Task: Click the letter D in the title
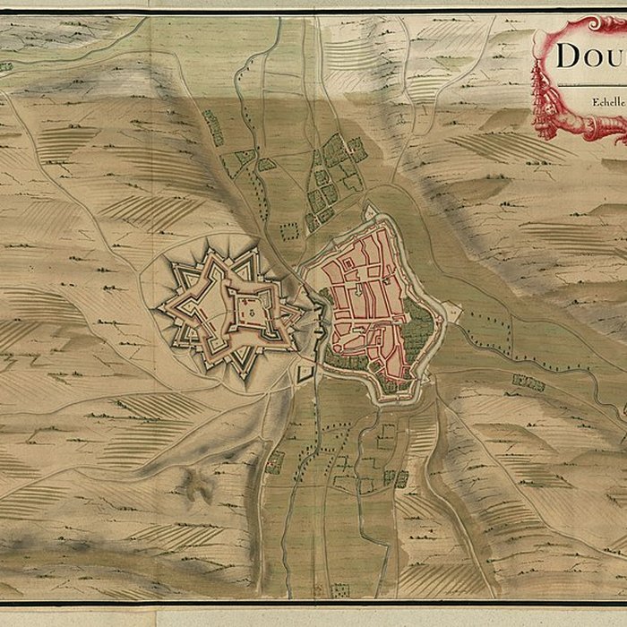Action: [568, 56]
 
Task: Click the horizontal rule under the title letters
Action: [591, 84]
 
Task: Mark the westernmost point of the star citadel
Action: [159, 310]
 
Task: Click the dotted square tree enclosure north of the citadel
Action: [288, 231]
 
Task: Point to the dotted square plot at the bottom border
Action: [340, 590]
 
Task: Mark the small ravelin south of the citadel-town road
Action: [305, 371]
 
